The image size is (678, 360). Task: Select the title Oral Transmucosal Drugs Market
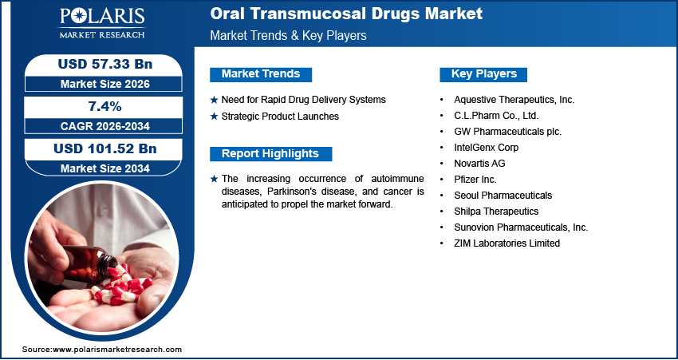coord(345,14)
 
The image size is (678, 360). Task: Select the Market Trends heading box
coord(261,74)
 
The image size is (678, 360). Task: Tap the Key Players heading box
coord(484,74)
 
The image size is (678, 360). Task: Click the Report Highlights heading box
coord(270,154)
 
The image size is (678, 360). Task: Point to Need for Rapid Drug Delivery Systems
coord(303,100)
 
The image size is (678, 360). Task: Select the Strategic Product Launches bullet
coord(280,117)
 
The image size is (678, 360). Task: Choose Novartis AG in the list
coord(479,164)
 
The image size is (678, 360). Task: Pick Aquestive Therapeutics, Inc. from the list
coord(514,100)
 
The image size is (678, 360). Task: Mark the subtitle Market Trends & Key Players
coord(288,36)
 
